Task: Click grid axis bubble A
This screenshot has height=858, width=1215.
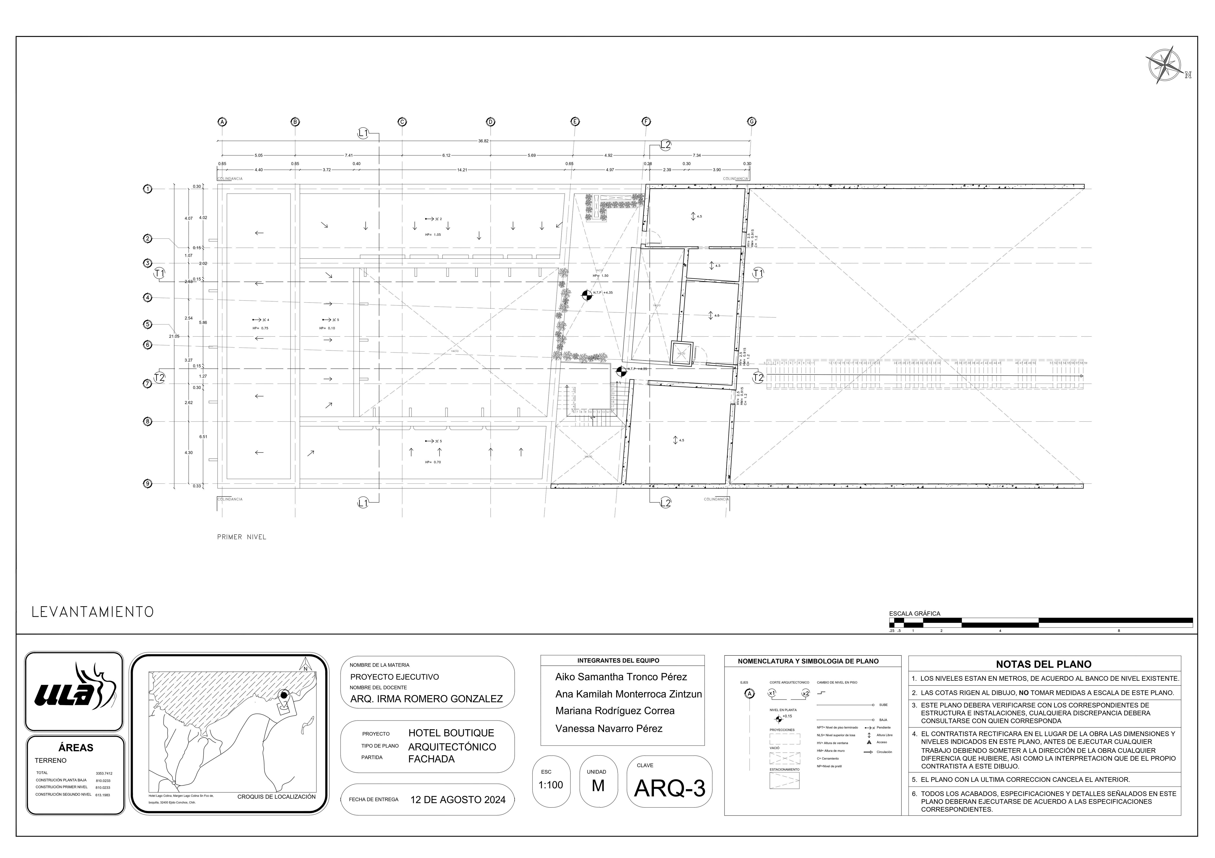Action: coord(222,122)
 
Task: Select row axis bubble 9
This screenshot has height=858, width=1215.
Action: coord(148,484)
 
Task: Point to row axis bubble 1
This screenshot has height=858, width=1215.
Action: coord(148,189)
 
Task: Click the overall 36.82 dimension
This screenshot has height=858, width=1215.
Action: coord(483,141)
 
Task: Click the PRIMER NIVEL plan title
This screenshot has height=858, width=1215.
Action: coord(241,537)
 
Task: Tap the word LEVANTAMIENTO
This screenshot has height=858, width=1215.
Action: coord(93,612)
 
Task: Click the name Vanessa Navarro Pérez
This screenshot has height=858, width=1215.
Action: coord(609,728)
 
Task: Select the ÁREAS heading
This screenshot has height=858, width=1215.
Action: coord(76,747)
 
